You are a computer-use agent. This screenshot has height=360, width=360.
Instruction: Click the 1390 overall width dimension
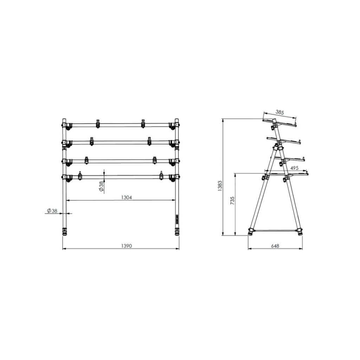tap(126, 246)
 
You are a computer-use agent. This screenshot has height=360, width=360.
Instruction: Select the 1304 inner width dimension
tap(127, 198)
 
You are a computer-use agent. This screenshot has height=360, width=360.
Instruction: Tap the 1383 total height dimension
tap(220, 186)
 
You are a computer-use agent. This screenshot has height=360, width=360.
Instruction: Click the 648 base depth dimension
tap(275, 246)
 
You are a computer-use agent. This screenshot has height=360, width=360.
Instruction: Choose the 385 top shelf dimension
tap(280, 112)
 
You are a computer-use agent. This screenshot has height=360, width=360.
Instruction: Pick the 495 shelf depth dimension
tap(294, 168)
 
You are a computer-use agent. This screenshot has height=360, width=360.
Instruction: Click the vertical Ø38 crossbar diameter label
tap(101, 186)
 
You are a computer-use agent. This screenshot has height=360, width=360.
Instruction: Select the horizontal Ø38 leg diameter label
tap(52, 211)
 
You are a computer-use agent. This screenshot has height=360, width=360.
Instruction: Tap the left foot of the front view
tap(65, 232)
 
